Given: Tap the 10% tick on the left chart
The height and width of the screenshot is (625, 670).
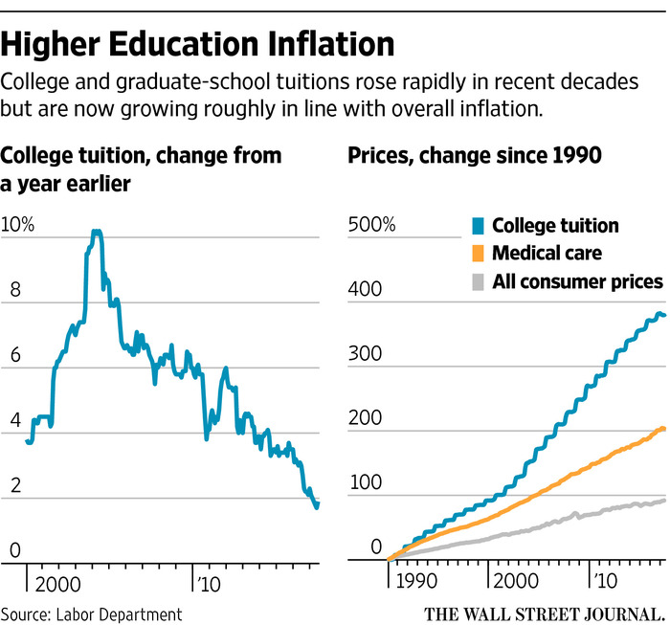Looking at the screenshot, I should pyautogui.click(x=18, y=226).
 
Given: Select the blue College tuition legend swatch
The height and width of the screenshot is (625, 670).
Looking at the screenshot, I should pyautogui.click(x=479, y=227).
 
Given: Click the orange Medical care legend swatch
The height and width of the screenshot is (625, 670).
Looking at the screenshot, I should pyautogui.click(x=479, y=254).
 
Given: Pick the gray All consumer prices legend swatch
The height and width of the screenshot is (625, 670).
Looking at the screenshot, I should pyautogui.click(x=479, y=281).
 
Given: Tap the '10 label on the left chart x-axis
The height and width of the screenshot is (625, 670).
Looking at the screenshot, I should pyautogui.click(x=207, y=581).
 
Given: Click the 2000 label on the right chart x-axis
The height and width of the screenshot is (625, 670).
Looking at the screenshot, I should pyautogui.click(x=517, y=581).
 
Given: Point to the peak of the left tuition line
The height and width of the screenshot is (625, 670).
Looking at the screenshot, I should pyautogui.click(x=96, y=232).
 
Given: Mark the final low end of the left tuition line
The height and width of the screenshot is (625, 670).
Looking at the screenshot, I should pyautogui.click(x=317, y=505).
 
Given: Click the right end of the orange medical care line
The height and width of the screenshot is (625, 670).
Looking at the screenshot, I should pyautogui.click(x=664, y=429).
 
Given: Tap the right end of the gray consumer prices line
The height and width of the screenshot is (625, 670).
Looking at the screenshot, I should pyautogui.click(x=664, y=500).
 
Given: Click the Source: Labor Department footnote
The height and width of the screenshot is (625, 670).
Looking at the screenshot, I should pyautogui.click(x=91, y=613).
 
